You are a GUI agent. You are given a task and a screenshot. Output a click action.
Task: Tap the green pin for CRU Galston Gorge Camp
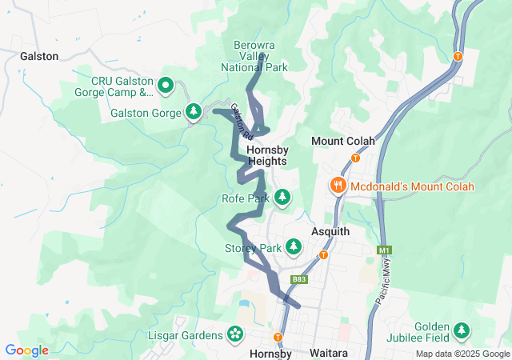166,84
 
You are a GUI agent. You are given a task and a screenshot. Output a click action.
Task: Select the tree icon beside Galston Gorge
192,111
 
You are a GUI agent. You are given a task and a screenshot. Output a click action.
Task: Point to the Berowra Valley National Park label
254,56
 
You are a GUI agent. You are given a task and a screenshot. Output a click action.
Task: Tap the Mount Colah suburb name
349,141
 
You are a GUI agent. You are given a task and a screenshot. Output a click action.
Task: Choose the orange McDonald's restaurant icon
338,186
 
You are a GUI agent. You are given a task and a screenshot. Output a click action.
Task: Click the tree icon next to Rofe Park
282,197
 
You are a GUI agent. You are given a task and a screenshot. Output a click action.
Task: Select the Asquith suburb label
330,231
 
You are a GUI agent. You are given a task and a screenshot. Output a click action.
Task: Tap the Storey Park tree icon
294,247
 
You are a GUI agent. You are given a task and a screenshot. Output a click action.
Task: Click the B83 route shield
298,279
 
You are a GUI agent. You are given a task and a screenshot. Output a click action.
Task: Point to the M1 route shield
383,250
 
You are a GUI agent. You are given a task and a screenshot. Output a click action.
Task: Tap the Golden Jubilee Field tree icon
462,330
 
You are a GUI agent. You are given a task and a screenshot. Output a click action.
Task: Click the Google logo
26,350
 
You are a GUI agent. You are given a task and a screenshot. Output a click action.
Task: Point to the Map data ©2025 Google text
462,354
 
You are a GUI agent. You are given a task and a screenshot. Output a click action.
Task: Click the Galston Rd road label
241,120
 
